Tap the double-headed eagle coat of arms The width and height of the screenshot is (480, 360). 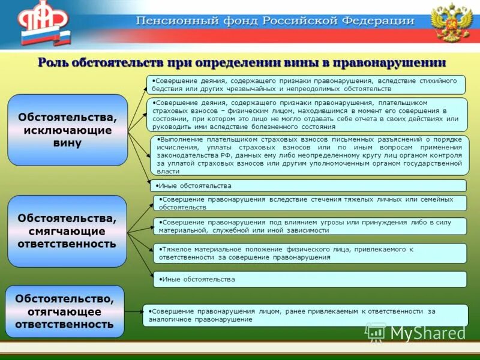[x=451, y=23]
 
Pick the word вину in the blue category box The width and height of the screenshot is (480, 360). [x=67, y=143]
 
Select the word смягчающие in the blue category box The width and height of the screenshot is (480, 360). [x=67, y=231]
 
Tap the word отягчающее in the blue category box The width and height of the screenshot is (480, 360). [x=65, y=311]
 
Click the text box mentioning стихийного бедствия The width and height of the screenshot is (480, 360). [x=306, y=85]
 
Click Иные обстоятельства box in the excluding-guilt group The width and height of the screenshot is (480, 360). [x=308, y=186]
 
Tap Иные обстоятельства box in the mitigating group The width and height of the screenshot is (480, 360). [x=310, y=279]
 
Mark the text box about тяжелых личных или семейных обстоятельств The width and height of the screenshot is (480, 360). [x=310, y=203]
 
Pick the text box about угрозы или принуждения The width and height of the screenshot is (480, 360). [x=310, y=226]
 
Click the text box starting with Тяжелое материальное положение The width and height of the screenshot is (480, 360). [x=310, y=253]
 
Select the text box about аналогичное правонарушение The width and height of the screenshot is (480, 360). [x=305, y=315]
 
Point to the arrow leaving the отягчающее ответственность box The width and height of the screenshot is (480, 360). [x=134, y=312]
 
